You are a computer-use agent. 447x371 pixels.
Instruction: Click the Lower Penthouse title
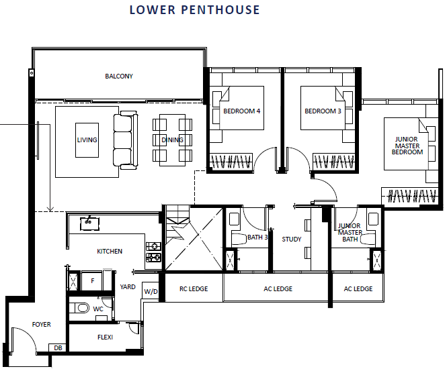194,9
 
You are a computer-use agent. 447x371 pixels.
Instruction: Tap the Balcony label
119,76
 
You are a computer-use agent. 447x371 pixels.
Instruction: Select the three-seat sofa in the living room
126,140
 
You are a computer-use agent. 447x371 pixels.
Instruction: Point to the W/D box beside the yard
151,291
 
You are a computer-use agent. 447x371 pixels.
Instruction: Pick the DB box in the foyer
58,348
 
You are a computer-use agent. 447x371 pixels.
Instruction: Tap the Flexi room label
105,337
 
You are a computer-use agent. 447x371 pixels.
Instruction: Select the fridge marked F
92,281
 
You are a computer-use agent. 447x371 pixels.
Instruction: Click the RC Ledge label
194,288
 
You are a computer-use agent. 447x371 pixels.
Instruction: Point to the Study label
291,240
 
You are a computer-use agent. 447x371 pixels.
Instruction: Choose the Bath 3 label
257,237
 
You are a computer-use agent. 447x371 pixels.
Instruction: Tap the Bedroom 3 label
323,111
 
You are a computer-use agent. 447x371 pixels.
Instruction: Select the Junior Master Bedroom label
407,146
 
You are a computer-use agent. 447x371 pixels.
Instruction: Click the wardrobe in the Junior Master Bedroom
410,195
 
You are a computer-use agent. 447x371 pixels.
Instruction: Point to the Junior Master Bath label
350,232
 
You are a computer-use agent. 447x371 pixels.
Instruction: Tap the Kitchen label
110,251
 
